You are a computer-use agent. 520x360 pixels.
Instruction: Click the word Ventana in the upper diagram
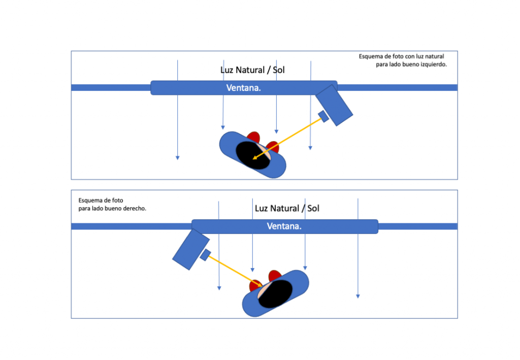point(243,88)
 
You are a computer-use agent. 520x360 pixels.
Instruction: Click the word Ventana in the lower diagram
point(284,226)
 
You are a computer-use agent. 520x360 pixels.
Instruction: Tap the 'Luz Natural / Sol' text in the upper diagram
point(252,70)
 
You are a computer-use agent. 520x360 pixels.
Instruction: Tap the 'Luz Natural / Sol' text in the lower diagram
point(287,208)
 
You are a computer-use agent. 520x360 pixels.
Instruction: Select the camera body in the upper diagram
point(334,105)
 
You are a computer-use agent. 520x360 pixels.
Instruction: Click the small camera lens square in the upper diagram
point(323,116)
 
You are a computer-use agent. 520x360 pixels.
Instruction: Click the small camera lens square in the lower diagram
point(205,255)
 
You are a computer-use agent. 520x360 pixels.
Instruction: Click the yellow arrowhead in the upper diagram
point(255,158)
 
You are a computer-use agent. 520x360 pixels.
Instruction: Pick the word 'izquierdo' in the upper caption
point(434,65)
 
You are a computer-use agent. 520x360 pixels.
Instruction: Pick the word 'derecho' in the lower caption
point(135,209)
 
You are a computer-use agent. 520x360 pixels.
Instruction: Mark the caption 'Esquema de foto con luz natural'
point(401,56)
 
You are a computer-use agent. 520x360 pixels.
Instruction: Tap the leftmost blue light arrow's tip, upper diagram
point(177,158)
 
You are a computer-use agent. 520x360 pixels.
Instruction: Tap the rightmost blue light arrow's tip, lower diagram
point(358,296)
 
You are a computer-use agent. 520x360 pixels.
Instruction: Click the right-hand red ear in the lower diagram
point(275,276)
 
